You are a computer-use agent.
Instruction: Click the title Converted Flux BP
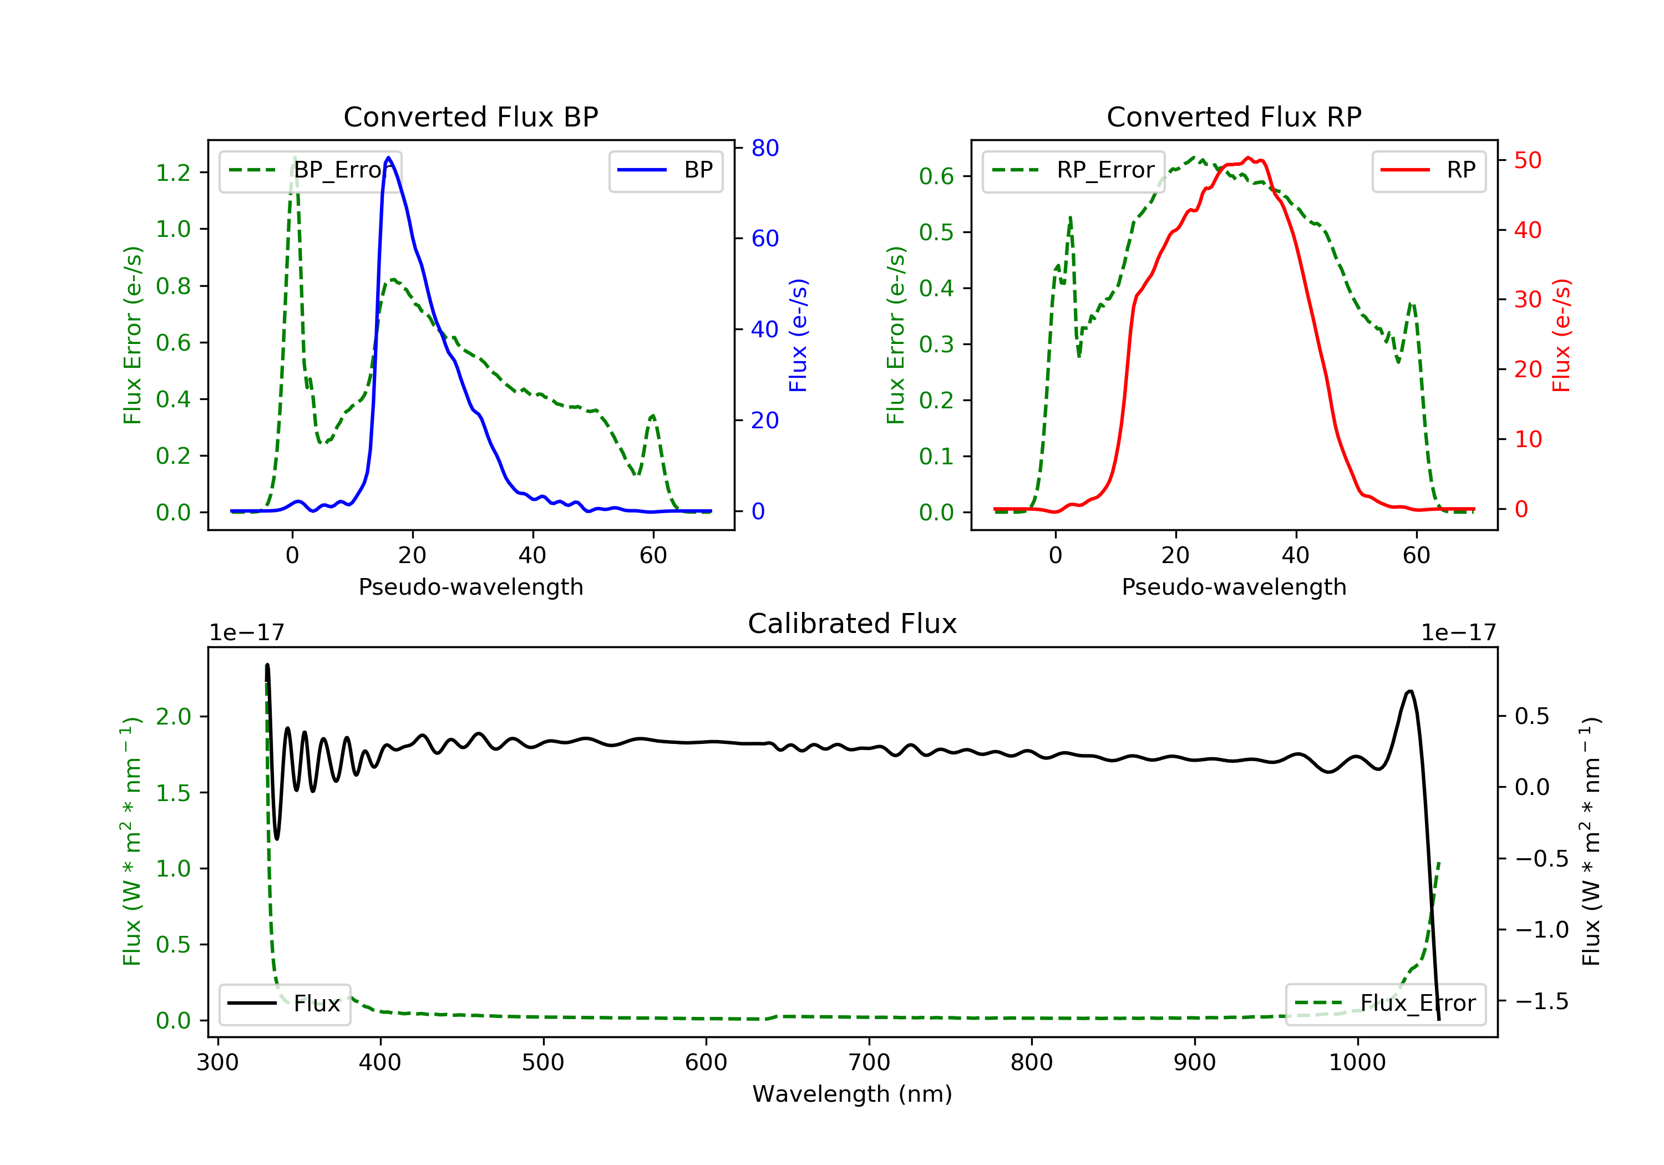(470, 116)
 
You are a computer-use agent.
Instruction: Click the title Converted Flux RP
(1234, 116)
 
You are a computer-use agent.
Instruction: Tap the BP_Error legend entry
(310, 170)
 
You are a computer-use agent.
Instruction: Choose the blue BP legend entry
(665, 170)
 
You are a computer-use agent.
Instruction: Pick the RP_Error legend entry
(1073, 170)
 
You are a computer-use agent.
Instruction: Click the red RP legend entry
(1428, 170)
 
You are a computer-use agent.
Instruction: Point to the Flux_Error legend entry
(1385, 1004)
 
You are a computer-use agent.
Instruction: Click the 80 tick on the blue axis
(764, 148)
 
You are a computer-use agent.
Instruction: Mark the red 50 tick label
(1528, 160)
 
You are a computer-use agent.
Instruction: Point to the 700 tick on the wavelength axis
(869, 1063)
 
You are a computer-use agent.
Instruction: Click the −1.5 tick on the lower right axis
(1541, 1001)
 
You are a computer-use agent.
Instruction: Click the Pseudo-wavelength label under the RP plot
(1234, 586)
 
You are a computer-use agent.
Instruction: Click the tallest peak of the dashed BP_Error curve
(294, 158)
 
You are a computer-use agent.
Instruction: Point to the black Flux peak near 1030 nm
(1409, 692)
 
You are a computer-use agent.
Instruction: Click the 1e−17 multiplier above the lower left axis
(246, 633)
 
